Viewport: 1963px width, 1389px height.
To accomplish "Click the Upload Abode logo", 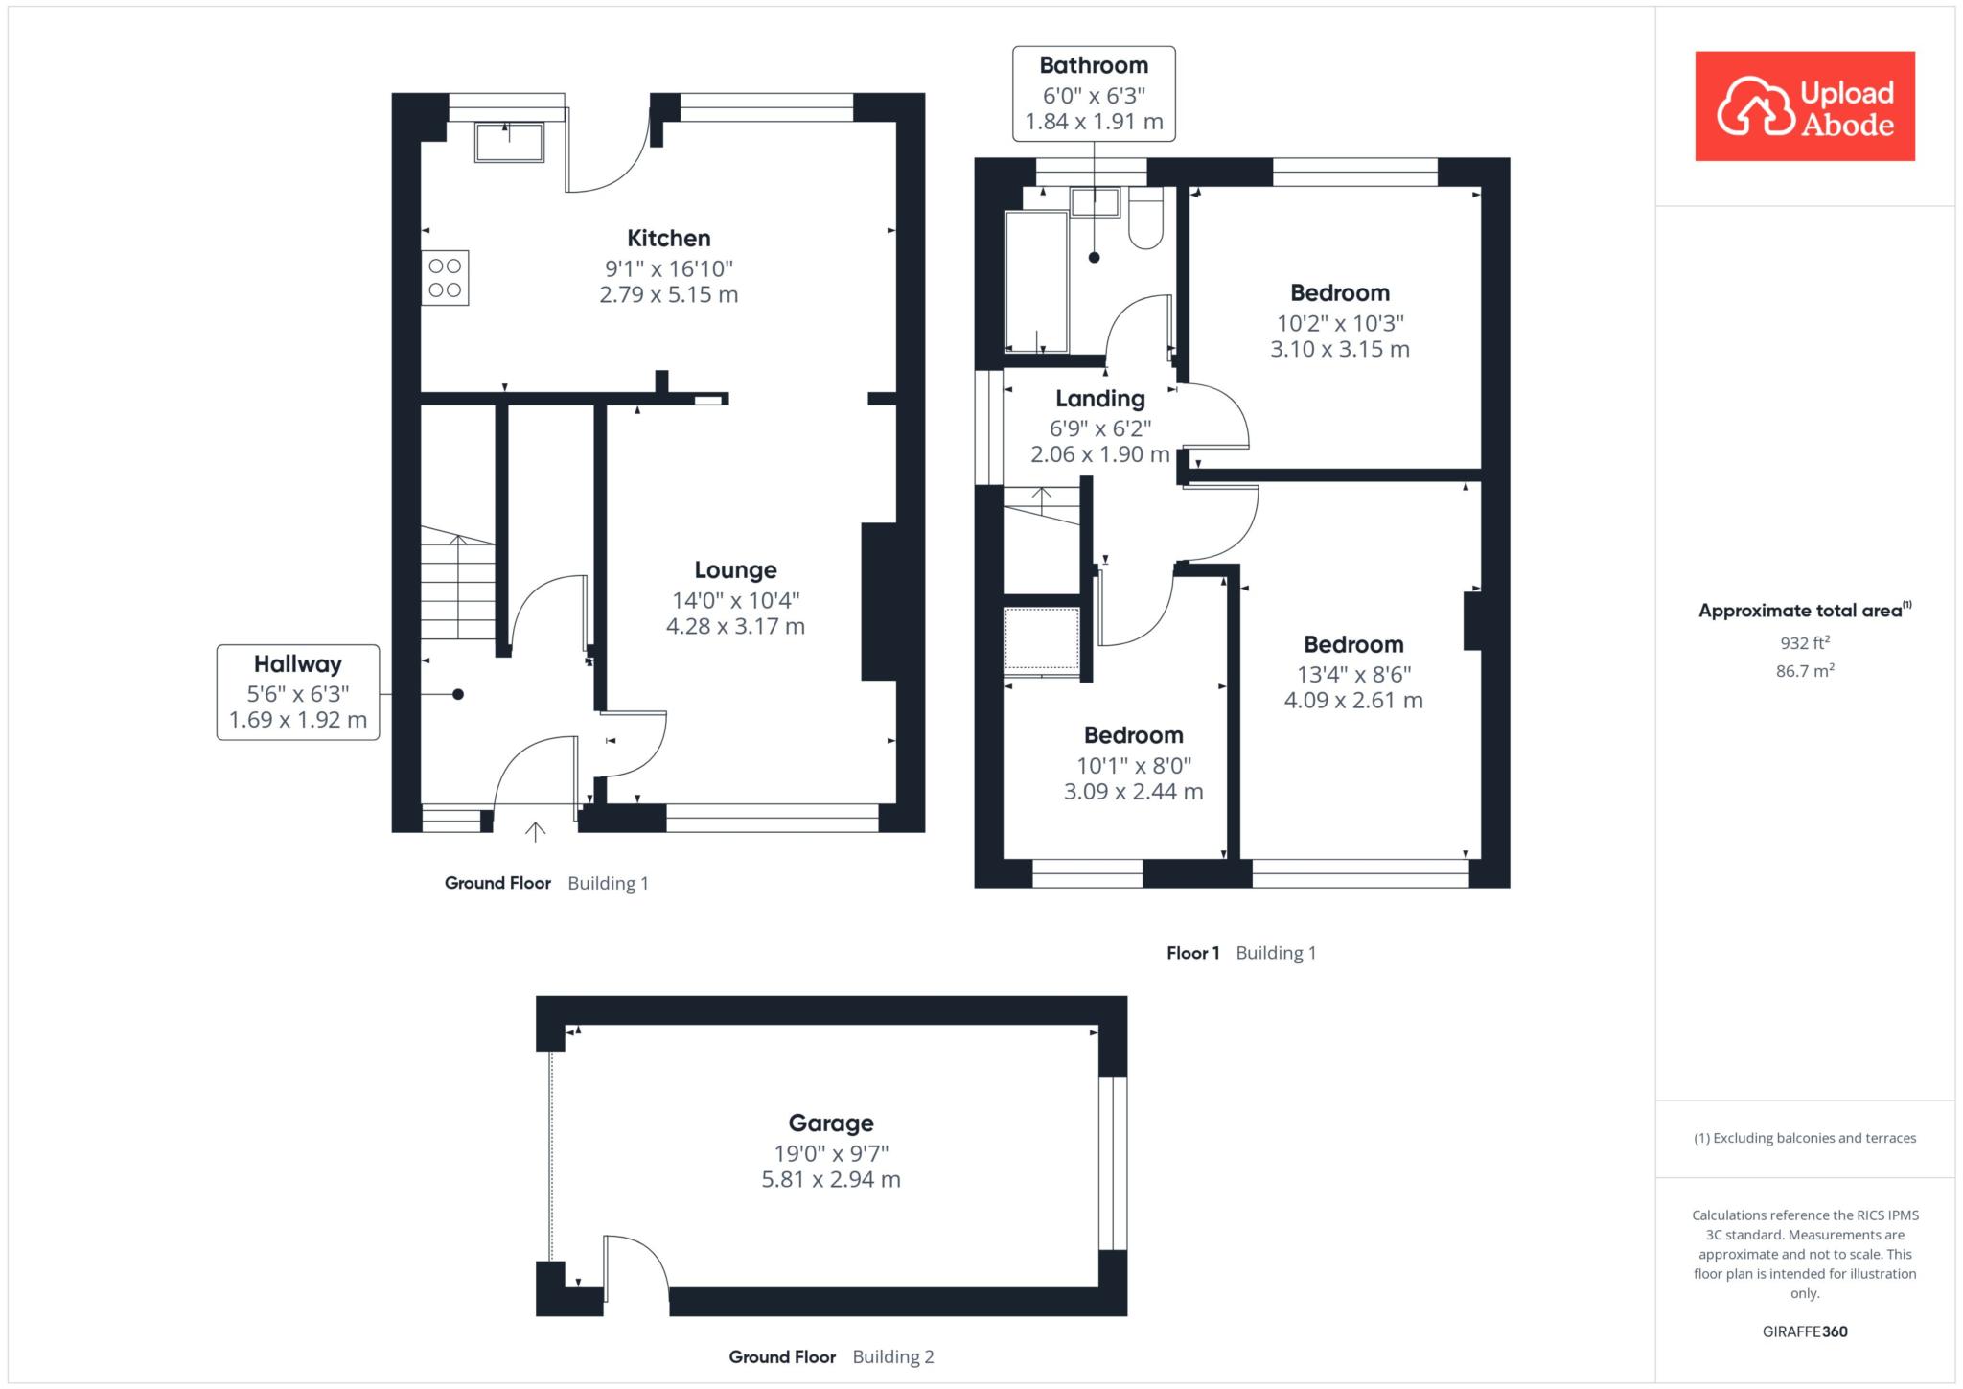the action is click(1805, 105).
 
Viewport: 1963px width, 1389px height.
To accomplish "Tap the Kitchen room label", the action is click(669, 239).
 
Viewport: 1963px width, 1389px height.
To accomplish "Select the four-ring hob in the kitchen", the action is click(445, 278).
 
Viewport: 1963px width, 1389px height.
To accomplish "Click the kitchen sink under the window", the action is click(509, 142).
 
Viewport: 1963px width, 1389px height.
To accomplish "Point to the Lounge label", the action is click(735, 570).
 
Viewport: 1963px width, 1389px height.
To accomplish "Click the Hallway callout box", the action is click(298, 692).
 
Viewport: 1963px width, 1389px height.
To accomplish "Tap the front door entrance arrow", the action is click(535, 831).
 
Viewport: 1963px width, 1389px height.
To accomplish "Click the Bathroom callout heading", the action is click(1094, 65).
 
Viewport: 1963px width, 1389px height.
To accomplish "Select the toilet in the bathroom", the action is click(1146, 219).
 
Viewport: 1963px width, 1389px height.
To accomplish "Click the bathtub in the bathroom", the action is click(1036, 282).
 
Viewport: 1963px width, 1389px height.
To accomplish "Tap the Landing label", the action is click(1100, 399).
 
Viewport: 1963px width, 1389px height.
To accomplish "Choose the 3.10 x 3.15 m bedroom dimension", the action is click(1340, 349).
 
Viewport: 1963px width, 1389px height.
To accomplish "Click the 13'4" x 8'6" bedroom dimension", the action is click(1353, 674).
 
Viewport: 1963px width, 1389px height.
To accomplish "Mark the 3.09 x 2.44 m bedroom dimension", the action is click(1133, 792).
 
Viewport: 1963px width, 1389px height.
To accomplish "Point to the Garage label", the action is click(831, 1123).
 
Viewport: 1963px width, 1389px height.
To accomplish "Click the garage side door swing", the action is click(636, 1262).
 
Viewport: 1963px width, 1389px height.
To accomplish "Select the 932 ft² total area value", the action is click(1805, 643).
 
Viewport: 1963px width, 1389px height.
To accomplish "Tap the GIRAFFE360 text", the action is click(1805, 1331).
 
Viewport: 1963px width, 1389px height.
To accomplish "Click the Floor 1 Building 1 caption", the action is click(1241, 953).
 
